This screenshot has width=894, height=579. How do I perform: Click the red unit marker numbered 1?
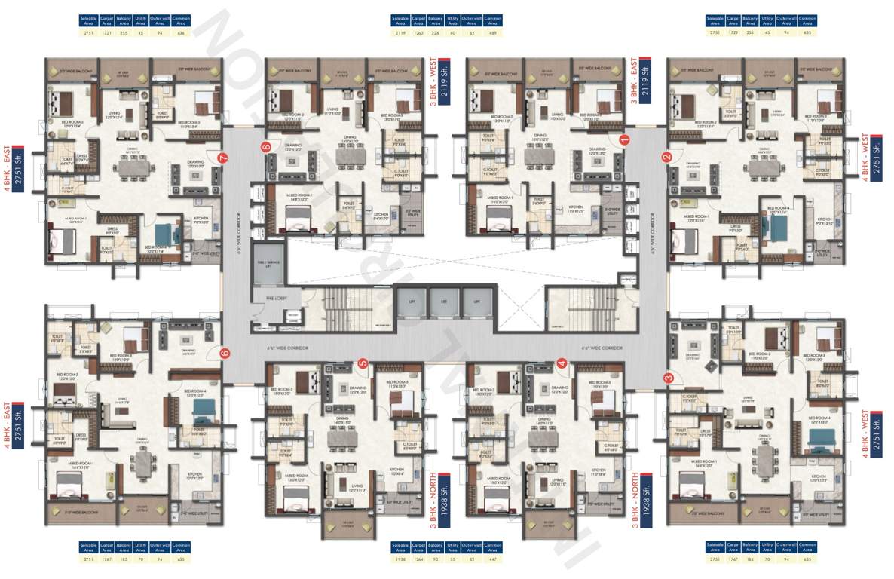coord(623,139)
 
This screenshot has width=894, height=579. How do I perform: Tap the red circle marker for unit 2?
coord(666,157)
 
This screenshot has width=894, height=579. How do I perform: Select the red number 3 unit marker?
coord(669,378)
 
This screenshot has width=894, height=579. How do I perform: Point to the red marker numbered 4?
coord(562,363)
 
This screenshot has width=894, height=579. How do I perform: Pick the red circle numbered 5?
coord(363,363)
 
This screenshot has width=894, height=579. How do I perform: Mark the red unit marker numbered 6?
coord(224,352)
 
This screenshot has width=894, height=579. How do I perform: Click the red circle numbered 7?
coord(222,158)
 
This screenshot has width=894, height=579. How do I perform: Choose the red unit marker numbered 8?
coord(265,148)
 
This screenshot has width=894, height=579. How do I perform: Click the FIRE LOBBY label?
coord(274,299)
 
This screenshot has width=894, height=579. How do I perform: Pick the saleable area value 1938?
coord(400,559)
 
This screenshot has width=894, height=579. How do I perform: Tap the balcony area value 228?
coord(435,33)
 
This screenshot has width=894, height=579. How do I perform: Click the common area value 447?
coord(493,559)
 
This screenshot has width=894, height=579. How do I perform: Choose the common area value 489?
coord(493,33)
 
